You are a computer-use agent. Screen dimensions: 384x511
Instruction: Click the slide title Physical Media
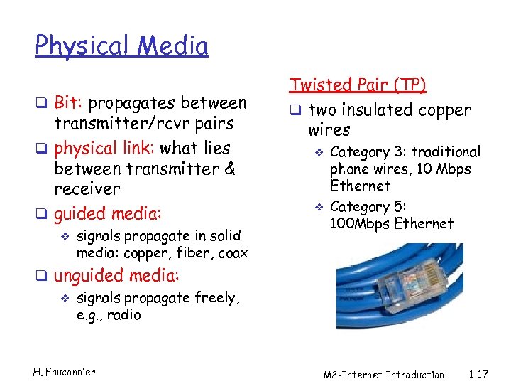pos(121,46)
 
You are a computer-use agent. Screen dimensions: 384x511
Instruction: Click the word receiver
pos(87,189)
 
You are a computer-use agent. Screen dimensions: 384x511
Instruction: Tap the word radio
pos(125,314)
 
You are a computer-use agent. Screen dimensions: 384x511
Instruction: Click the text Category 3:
pos(368,152)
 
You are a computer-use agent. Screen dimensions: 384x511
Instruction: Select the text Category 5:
pos(368,207)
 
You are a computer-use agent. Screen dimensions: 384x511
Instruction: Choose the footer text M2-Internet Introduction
pos(383,375)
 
